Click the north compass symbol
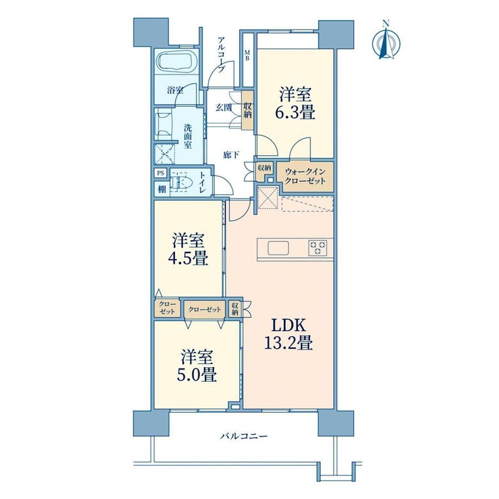click(386, 41)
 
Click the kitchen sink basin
click(278, 248)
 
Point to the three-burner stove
click(317, 247)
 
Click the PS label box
click(161, 174)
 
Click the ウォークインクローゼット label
click(305, 176)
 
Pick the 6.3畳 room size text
click(295, 112)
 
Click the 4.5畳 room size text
click(188, 258)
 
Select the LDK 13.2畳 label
click(289, 335)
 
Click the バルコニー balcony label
click(244, 436)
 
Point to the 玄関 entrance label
click(223, 107)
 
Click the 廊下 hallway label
click(232, 155)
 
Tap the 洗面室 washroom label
click(188, 136)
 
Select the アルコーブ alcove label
click(221, 55)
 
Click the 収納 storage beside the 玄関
click(247, 110)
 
